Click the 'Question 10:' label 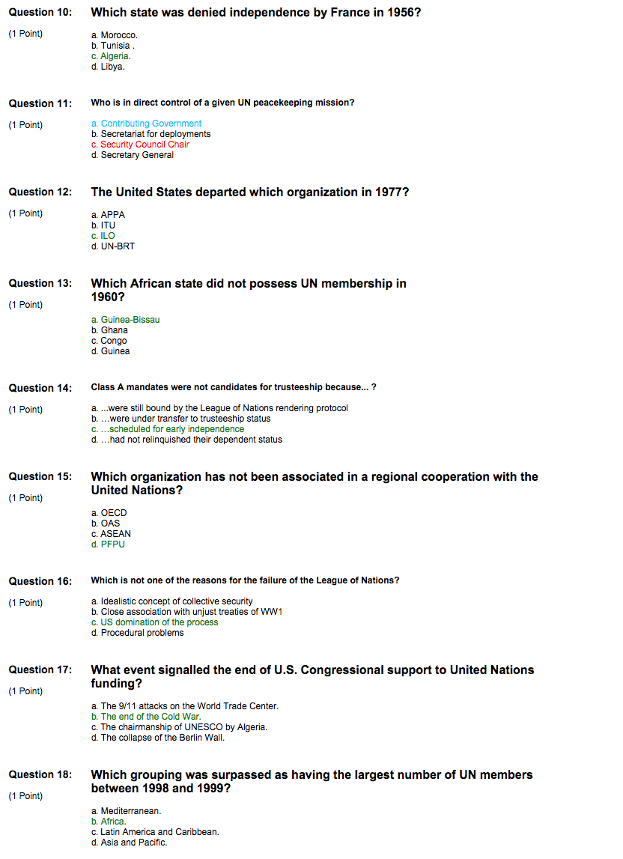point(40,13)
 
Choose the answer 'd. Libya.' point(108,67)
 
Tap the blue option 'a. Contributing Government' point(146,124)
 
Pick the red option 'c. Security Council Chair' point(140,145)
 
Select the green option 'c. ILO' point(103,236)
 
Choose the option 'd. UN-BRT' point(113,246)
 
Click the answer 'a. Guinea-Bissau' point(125,320)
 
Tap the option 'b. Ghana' point(109,330)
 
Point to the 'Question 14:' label point(40,388)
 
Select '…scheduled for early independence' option point(168,429)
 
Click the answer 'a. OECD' point(109,513)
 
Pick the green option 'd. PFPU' point(108,544)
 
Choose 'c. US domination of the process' point(154,622)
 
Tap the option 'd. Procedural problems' point(137,633)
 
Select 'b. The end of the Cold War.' point(146,717)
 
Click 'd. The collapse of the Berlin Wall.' point(157,738)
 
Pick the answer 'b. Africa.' point(109,822)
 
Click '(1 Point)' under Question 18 point(25,796)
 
